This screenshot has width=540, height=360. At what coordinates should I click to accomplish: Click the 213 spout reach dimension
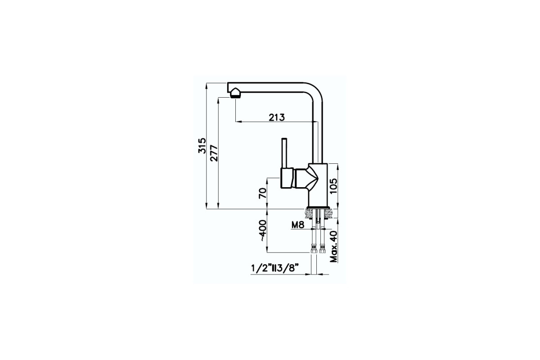[x=276, y=117]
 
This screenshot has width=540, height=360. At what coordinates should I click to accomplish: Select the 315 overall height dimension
[x=202, y=146]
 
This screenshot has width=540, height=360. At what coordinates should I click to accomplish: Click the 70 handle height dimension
[x=263, y=193]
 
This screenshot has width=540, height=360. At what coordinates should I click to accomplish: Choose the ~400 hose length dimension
[x=263, y=231]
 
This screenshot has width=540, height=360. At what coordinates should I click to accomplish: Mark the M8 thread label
[x=298, y=225]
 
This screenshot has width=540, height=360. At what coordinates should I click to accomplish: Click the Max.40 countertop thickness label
[x=334, y=247]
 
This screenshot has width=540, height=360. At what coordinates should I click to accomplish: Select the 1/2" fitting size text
[x=261, y=268]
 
